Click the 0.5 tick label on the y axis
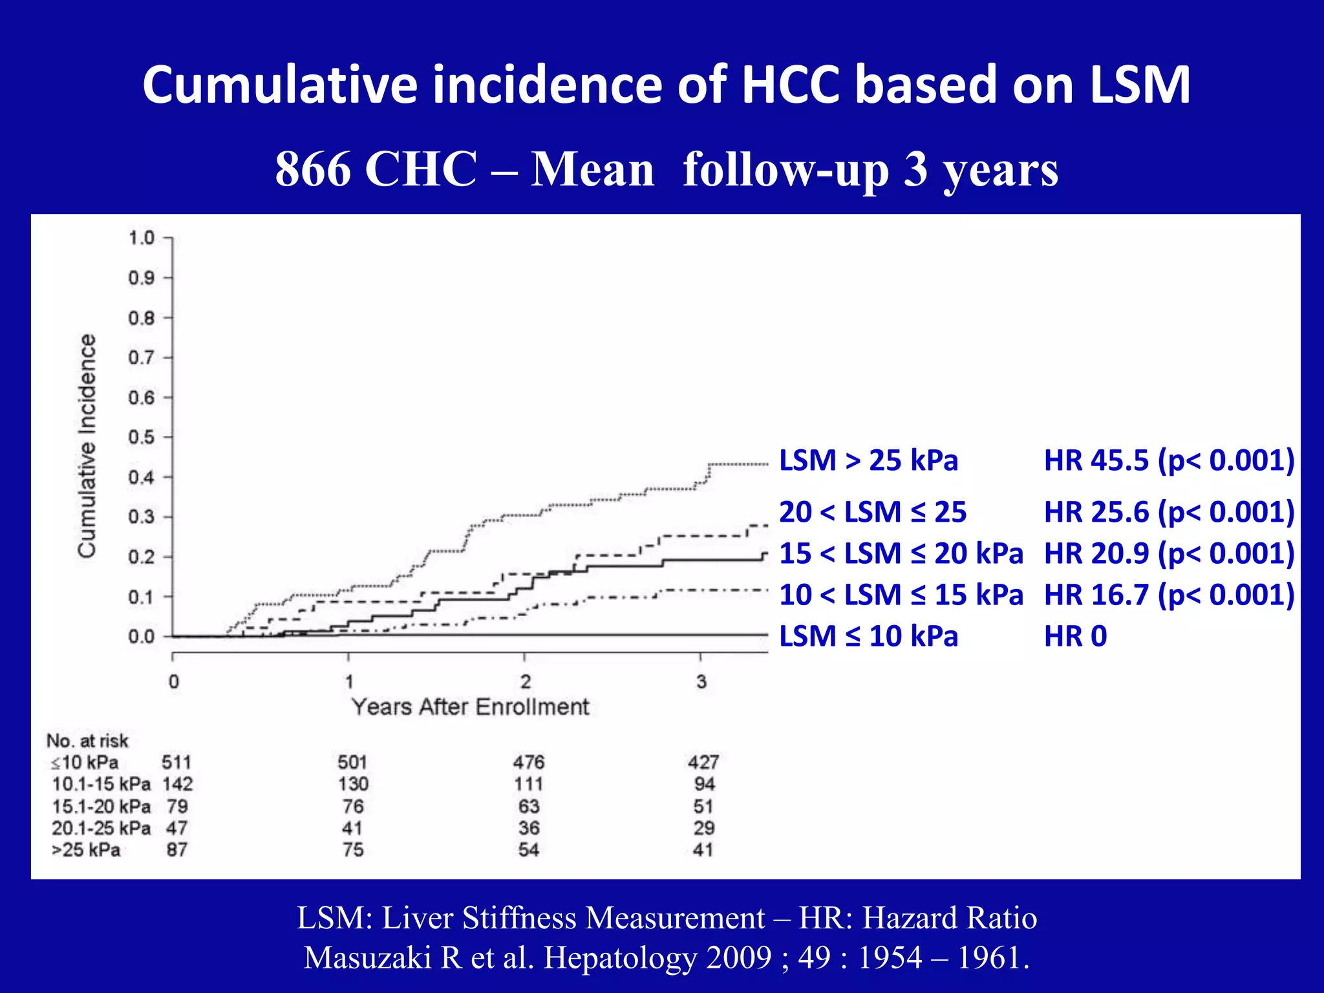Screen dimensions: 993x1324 point(141,438)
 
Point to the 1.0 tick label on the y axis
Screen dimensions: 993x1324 point(141,238)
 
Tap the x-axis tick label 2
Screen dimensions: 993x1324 point(525,681)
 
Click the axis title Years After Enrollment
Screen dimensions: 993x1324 point(470,707)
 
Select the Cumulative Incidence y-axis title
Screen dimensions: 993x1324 point(87,445)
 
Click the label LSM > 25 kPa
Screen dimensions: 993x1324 point(868,460)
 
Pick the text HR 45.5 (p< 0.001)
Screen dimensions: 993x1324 point(1169,460)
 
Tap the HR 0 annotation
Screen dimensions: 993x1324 point(1075,636)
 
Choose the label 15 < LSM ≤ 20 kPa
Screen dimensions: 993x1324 point(901,553)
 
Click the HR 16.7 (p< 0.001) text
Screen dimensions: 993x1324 point(1169,595)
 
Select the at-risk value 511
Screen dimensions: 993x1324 point(176,762)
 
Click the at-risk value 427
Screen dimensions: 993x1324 point(703,762)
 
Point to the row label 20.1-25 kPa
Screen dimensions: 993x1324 point(101,828)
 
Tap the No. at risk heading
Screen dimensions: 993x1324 point(87,740)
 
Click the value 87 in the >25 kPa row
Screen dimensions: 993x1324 point(176,849)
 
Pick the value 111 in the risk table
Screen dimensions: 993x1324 point(528,784)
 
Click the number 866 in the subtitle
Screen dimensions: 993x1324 point(312,169)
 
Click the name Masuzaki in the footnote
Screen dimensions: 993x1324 point(367,957)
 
